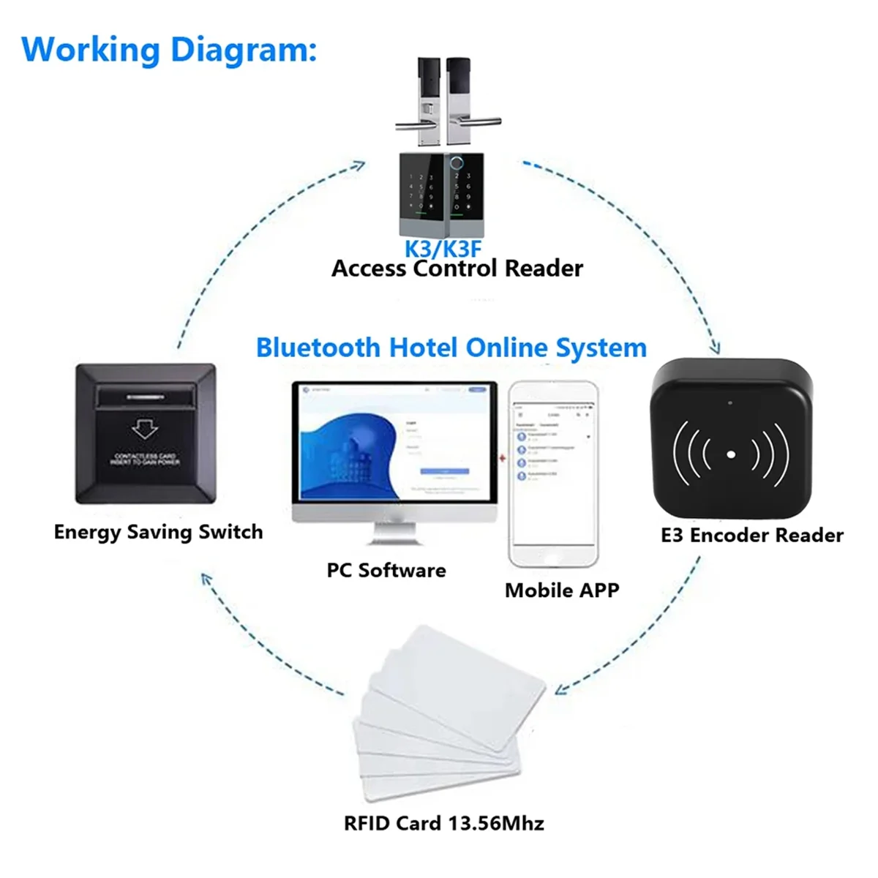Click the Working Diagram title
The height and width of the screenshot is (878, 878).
[x=169, y=50]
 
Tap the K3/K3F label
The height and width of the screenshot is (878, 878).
[x=443, y=248]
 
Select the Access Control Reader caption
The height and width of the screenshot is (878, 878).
[x=457, y=269]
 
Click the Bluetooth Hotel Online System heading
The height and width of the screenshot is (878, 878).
[x=451, y=347]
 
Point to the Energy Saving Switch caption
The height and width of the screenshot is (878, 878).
[x=158, y=532]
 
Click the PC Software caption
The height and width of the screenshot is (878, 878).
[x=386, y=570]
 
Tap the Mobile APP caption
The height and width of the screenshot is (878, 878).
[x=562, y=590]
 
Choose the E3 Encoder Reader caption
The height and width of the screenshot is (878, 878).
[x=752, y=536]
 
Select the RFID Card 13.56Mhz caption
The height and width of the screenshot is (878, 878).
[x=444, y=823]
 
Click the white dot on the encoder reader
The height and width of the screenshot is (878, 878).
[x=730, y=454]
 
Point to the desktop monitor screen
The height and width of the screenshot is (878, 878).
[x=394, y=446]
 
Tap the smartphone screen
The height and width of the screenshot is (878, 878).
[x=553, y=473]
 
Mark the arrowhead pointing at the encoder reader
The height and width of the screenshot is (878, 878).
[x=716, y=350]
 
